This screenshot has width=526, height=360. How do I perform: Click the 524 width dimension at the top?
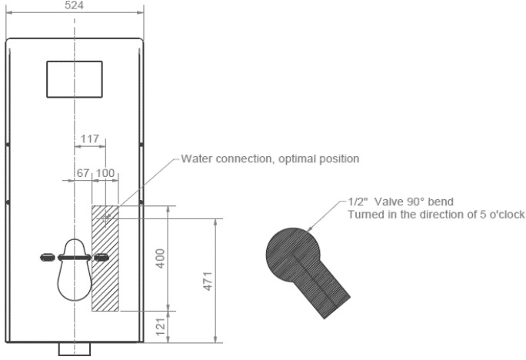[74, 5]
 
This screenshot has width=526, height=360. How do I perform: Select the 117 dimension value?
[89, 138]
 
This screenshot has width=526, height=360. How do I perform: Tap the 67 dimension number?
[83, 173]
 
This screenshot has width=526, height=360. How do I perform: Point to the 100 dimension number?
[105, 173]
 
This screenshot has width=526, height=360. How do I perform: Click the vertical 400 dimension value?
[161, 258]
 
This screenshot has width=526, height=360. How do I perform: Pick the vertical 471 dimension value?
[208, 281]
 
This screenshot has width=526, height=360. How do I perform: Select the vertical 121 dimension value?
[161, 327]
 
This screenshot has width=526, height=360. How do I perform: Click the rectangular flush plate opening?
[75, 79]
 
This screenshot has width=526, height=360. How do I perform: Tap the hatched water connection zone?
[105, 258]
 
